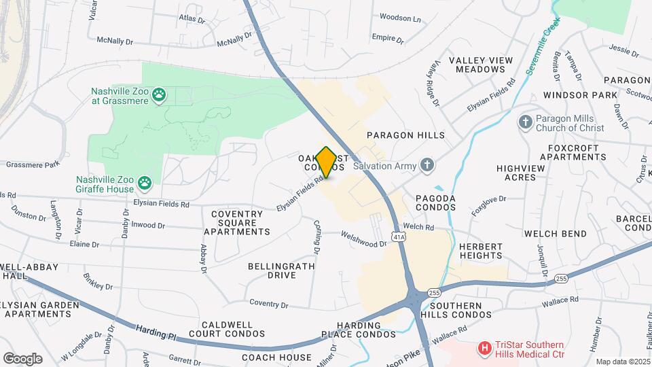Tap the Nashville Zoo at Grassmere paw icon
pos(159,94)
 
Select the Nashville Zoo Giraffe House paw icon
pos(144,182)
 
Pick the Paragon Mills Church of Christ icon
pos(524,122)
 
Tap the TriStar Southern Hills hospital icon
pos(485,349)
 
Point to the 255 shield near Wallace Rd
pos(561,279)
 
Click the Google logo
pos(22,358)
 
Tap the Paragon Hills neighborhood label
pos(405,135)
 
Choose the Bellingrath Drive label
pos(281,270)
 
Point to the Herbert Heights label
pos(480,251)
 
